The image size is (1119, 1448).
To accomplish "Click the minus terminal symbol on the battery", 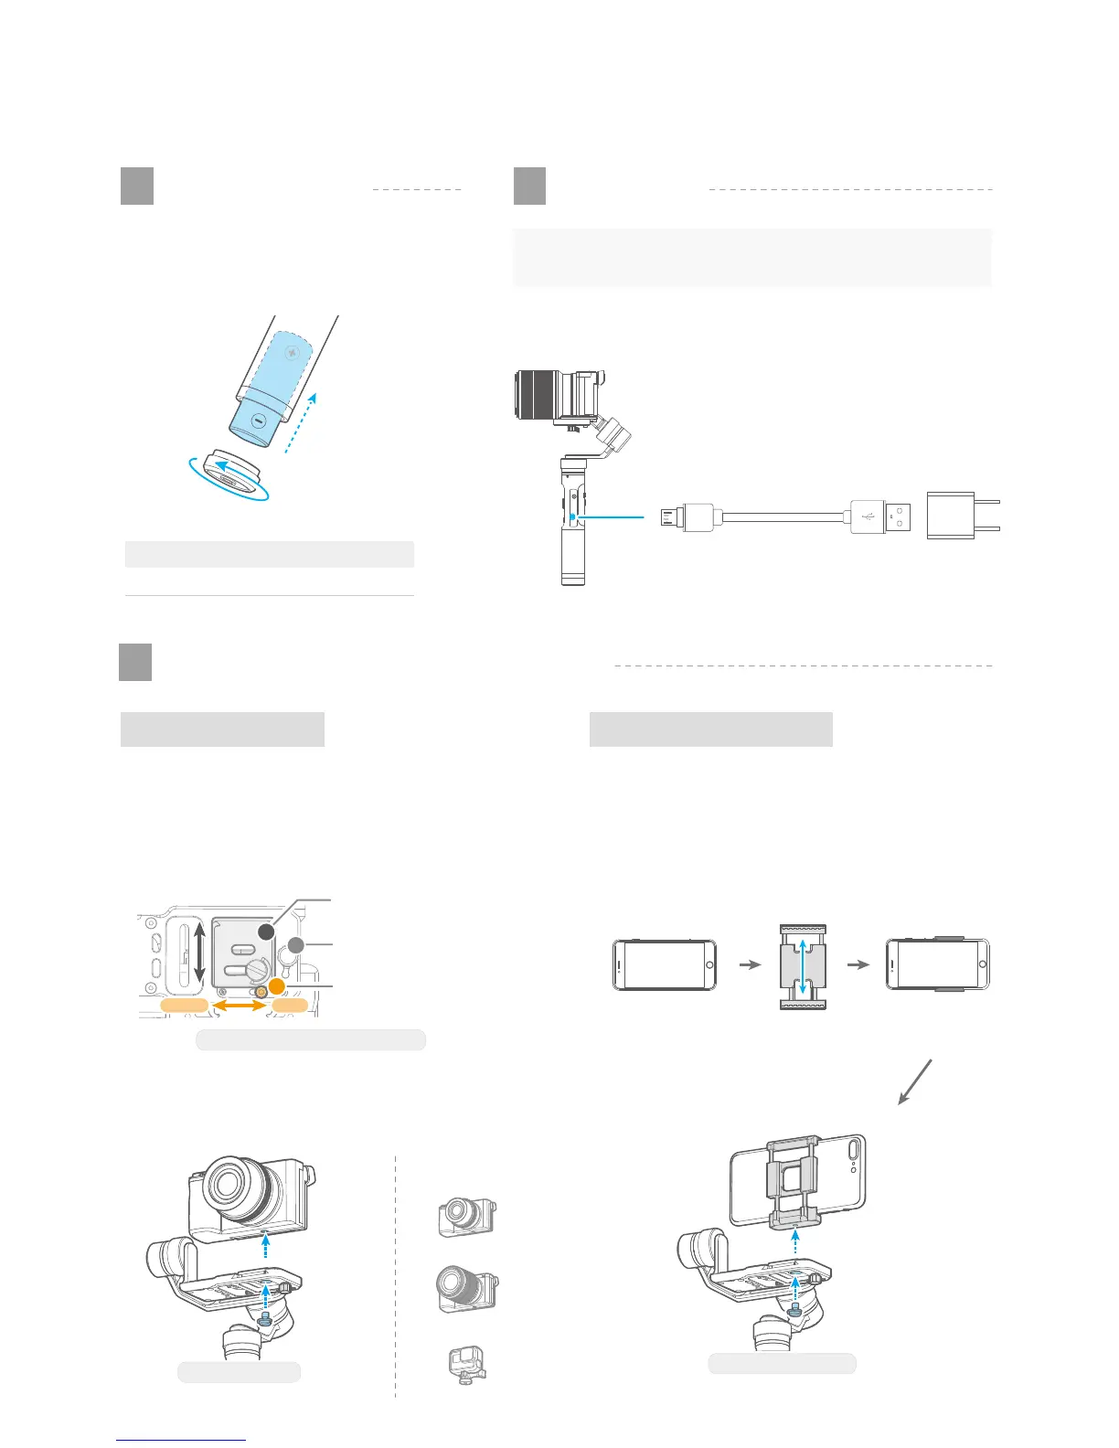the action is [259, 421].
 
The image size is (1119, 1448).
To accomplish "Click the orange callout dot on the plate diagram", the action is [276, 986].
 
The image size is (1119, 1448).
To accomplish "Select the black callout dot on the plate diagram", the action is [265, 932].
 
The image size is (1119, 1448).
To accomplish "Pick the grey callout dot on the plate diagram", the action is [295, 945].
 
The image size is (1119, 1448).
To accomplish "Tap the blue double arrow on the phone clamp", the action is [803, 965].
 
